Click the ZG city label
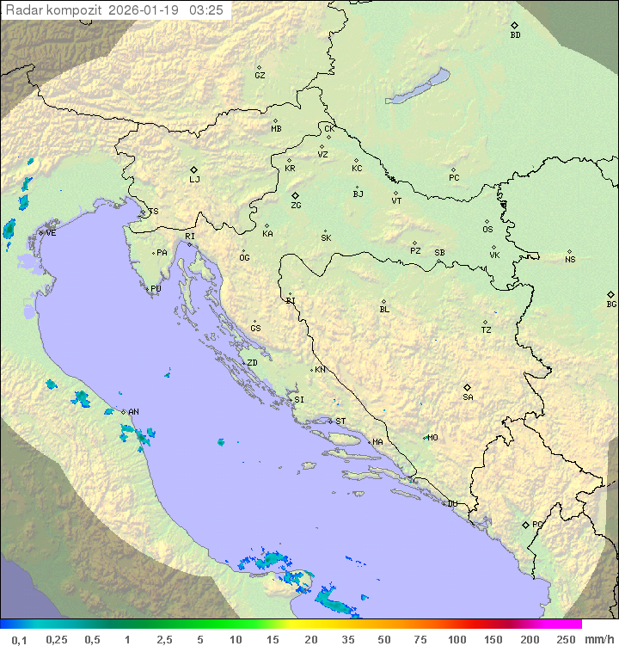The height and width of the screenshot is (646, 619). [296, 206]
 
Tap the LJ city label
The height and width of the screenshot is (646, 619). [194, 180]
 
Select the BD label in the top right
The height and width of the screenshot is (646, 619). [515, 35]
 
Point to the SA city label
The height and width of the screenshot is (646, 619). [468, 397]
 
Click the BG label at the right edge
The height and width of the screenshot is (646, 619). [611, 304]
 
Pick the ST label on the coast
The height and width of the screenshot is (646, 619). [340, 421]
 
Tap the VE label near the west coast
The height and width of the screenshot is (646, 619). [51, 233]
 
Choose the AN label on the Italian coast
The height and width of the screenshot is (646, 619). [133, 412]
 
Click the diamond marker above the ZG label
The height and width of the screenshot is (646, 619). [295, 195]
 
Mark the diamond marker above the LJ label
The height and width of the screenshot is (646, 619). [194, 169]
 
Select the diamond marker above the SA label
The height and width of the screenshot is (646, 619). [468, 387]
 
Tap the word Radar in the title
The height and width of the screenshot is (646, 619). [22, 10]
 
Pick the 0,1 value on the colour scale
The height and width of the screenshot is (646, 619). [19, 639]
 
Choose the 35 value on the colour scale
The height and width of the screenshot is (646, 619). [347, 639]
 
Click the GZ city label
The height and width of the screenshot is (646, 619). [260, 75]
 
